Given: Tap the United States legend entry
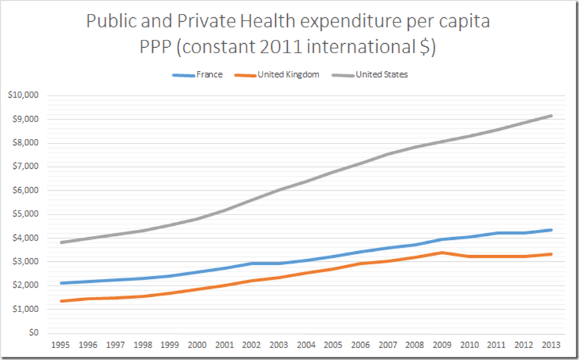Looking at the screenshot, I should pyautogui.click(x=382, y=74).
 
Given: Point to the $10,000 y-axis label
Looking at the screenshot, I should pyautogui.click(x=23, y=95).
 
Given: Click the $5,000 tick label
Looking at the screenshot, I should pyautogui.click(x=25, y=214).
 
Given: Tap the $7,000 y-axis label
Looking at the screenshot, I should pyautogui.click(x=25, y=167).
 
